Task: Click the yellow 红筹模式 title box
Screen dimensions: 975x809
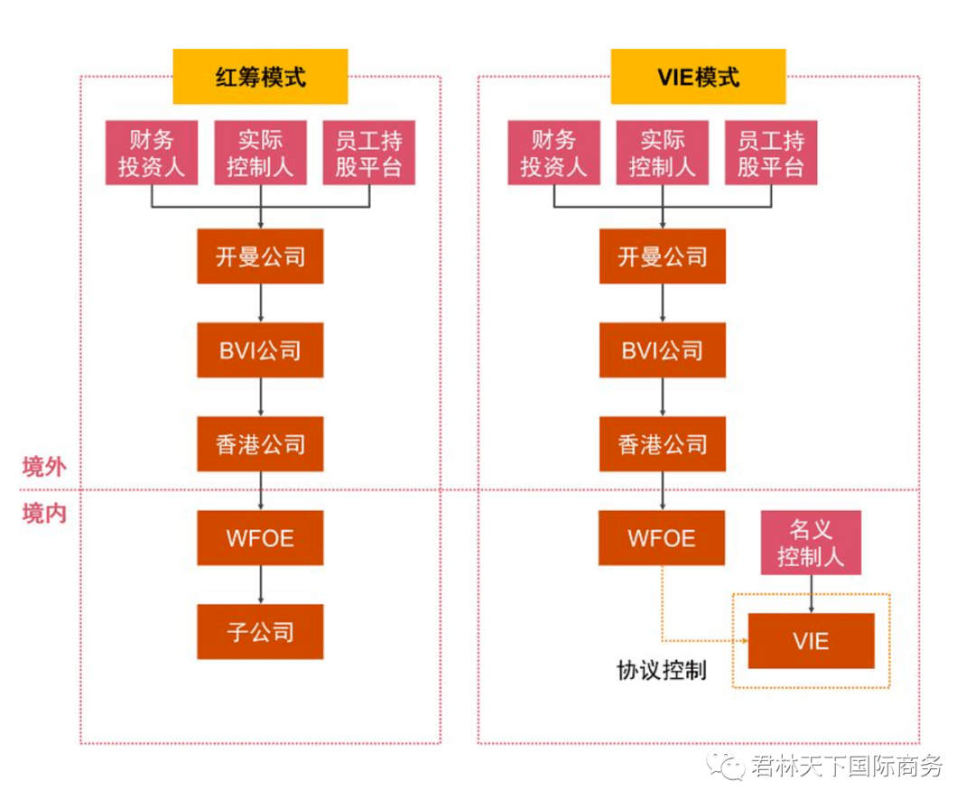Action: click(x=260, y=77)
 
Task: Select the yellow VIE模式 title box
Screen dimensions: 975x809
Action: click(x=698, y=77)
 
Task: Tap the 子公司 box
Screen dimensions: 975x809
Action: click(x=260, y=631)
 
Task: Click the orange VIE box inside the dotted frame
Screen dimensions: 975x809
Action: click(x=811, y=640)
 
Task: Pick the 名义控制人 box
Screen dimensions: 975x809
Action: click(x=811, y=543)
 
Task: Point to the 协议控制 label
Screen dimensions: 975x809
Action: click(x=662, y=670)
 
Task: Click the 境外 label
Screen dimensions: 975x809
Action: click(x=44, y=466)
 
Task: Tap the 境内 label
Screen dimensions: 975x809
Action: click(x=44, y=513)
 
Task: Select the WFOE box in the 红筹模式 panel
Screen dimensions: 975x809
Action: click(x=260, y=538)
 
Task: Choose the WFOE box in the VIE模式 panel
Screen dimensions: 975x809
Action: click(x=662, y=538)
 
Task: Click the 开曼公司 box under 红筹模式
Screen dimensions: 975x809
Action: click(x=260, y=256)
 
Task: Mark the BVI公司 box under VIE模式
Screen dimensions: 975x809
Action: click(x=663, y=350)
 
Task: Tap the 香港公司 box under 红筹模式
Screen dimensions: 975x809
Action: click(x=260, y=444)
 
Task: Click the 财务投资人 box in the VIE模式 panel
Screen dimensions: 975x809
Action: click(x=553, y=153)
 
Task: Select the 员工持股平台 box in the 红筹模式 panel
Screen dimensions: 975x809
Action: click(x=368, y=153)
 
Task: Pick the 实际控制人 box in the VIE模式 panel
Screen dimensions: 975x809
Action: click(x=663, y=153)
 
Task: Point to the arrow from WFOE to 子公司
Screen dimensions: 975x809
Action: click(x=261, y=584)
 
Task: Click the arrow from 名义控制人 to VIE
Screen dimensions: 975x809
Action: click(x=811, y=594)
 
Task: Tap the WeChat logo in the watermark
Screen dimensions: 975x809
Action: click(x=725, y=766)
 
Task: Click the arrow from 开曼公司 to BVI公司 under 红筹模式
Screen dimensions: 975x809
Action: click(x=261, y=303)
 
